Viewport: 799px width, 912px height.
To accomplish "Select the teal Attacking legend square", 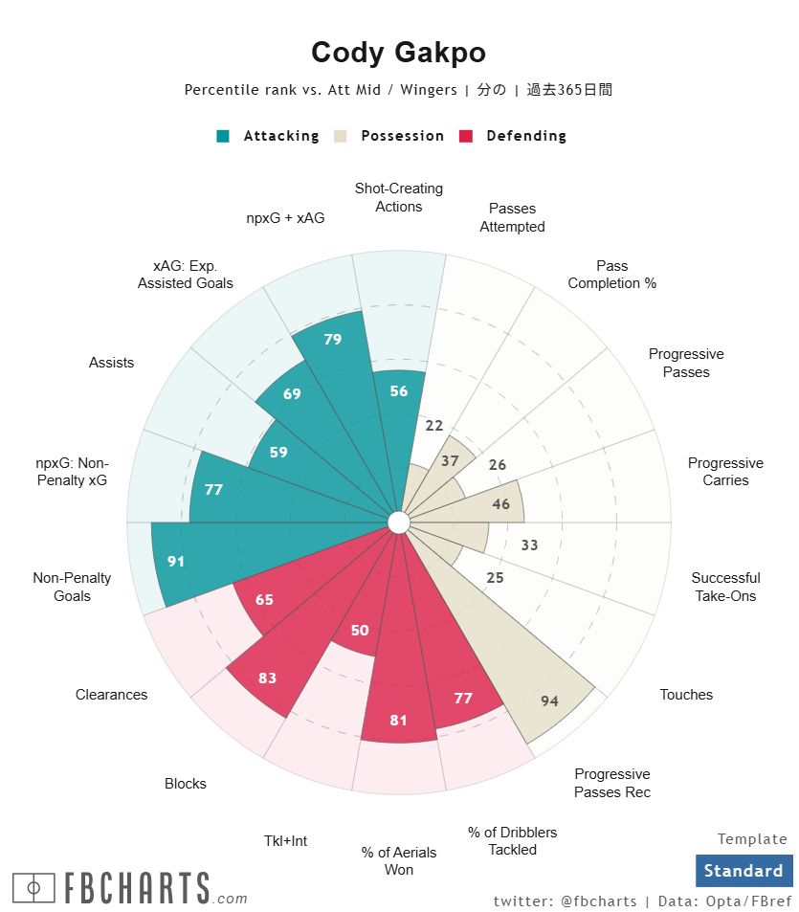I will pos(223,136).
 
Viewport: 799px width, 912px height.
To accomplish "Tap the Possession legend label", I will pos(402,136).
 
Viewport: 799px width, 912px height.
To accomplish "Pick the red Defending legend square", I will pos(466,136).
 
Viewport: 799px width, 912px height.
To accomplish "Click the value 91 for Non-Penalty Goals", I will pos(176,562).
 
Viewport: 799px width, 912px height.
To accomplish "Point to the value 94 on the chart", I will pos(549,701).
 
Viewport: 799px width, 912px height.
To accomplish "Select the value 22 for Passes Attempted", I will pos(434,426).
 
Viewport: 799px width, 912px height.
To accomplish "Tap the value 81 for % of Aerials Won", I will pos(399,720).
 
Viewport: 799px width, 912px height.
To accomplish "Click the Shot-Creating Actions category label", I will pos(399,197).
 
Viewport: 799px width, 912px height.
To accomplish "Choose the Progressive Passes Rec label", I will pos(612,783).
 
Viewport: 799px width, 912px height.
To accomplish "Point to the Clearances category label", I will pos(112,695).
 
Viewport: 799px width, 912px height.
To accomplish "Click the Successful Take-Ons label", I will pos(725,587).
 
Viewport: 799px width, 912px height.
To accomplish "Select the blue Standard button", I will pos(744,871).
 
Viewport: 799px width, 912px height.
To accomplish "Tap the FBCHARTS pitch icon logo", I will pos(33,888).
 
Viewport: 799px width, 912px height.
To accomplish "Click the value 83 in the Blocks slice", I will pos(268,678).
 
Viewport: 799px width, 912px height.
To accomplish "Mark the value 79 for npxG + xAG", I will pos(333,339).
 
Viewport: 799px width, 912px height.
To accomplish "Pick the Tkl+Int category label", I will pos(285,841).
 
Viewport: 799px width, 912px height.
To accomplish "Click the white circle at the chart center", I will pos(399,523).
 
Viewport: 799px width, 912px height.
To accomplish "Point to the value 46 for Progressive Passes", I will pos(500,504).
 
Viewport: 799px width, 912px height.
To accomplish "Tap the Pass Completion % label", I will pos(612,275).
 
